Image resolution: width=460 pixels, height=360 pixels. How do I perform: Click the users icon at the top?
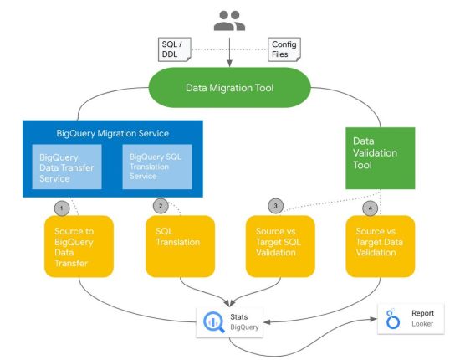click(x=229, y=21)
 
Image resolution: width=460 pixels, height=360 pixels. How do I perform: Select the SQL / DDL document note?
click(x=173, y=48)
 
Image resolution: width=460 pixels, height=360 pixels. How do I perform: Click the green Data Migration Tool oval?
click(x=229, y=86)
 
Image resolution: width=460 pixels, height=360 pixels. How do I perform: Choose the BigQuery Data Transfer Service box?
click(x=68, y=167)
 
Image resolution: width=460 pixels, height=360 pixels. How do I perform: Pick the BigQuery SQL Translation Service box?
click(x=157, y=167)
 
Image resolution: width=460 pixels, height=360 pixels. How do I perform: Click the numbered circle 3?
click(x=276, y=206)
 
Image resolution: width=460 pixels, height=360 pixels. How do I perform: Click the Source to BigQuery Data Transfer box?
click(x=79, y=246)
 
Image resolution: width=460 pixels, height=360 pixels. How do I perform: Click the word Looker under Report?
click(x=422, y=324)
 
